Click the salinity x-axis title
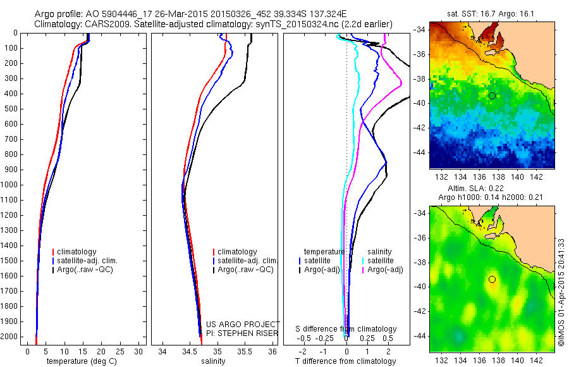pos(212,361)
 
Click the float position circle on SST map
pos(492,96)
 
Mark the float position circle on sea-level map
pos(492,279)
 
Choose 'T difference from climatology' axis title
pos(346,361)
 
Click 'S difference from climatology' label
pos(346,329)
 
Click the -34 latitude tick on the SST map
pos(421,29)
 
